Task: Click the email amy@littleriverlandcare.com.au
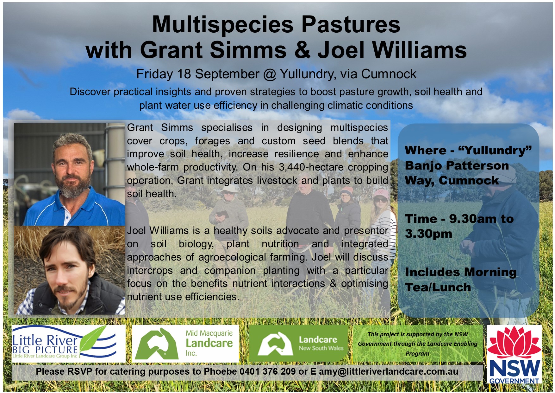coord(388,371)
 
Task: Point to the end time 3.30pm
coord(428,234)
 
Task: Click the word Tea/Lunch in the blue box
coord(438,287)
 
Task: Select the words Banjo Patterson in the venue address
coord(457,165)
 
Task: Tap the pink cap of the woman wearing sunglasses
coord(381,194)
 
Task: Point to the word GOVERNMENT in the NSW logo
coord(514,380)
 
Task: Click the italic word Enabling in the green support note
coord(465,344)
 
